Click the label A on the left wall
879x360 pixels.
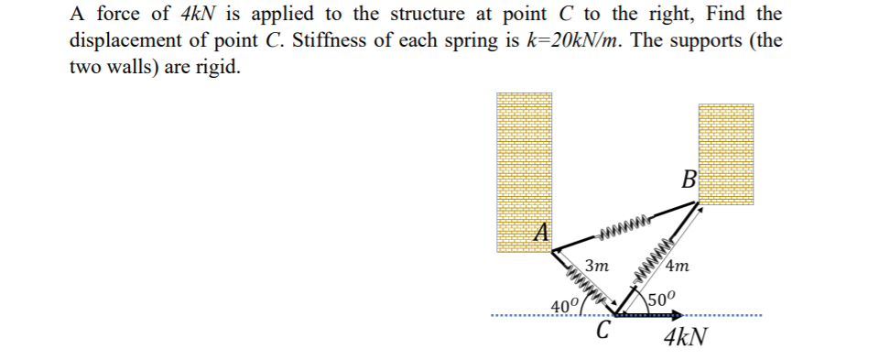point(541,233)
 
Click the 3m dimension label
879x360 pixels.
point(597,267)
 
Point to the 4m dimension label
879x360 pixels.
point(678,267)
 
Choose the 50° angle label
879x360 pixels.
point(660,299)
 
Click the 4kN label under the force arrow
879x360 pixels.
point(685,335)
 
